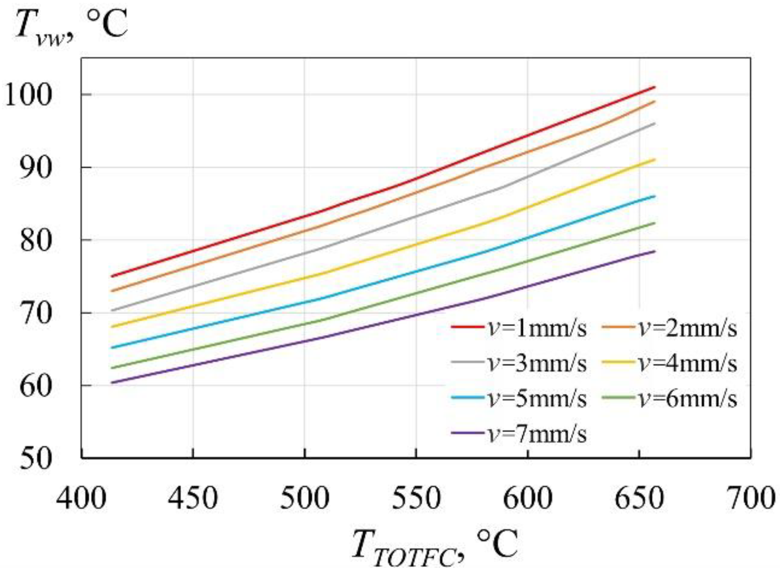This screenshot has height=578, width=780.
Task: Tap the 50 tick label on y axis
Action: coord(36,458)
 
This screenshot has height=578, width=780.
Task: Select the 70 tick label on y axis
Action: coord(36,313)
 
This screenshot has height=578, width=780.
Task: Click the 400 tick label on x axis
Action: coord(81,498)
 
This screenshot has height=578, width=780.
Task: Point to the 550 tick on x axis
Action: coord(416,498)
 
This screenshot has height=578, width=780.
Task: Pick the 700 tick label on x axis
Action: coord(750,498)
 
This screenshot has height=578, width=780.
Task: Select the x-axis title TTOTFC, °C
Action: coord(435,546)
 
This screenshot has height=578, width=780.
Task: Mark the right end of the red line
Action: coord(654,87)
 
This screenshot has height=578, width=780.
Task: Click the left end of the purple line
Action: coord(112,383)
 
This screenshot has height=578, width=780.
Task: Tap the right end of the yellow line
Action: coord(654,159)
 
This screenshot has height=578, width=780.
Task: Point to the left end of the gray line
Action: coord(112,311)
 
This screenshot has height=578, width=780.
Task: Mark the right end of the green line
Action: coord(654,223)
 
